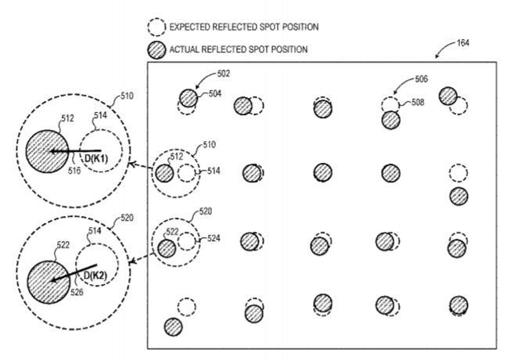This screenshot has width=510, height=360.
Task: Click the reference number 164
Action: (x=463, y=43)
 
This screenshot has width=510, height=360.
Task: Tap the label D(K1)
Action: (x=96, y=159)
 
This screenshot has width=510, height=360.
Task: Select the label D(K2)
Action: (x=95, y=275)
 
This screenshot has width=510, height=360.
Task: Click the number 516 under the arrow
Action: (x=74, y=171)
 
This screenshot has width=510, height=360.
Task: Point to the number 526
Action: (x=77, y=292)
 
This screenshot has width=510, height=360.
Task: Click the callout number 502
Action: (x=224, y=74)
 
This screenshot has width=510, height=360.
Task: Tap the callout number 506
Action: (x=421, y=79)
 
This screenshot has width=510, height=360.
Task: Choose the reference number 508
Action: (x=418, y=103)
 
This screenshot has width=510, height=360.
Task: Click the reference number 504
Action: (x=215, y=94)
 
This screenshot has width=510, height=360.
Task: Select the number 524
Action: (x=214, y=238)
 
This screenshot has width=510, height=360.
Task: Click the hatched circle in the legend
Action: (x=156, y=50)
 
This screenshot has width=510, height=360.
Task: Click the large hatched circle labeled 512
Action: (x=47, y=152)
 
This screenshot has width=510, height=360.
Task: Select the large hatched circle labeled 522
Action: (x=48, y=283)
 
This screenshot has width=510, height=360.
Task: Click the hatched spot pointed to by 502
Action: (x=189, y=98)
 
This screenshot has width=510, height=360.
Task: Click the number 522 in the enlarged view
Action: (x=63, y=245)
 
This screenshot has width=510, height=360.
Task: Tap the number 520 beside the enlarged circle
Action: (x=127, y=218)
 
